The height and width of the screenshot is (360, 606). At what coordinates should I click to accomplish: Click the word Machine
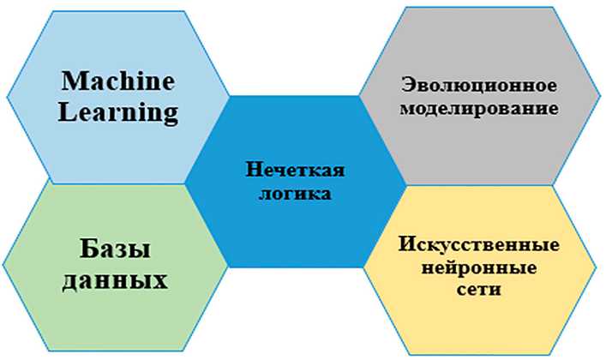coord(117,81)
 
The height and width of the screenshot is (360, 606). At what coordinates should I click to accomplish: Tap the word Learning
coord(118,111)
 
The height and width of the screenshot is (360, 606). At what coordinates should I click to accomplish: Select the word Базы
coord(117,250)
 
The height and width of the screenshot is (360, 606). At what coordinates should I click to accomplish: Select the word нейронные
coord(479,268)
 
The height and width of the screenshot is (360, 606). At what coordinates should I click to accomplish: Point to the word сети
coord(479,290)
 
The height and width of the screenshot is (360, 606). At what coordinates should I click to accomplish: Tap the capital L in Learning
coord(67,111)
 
